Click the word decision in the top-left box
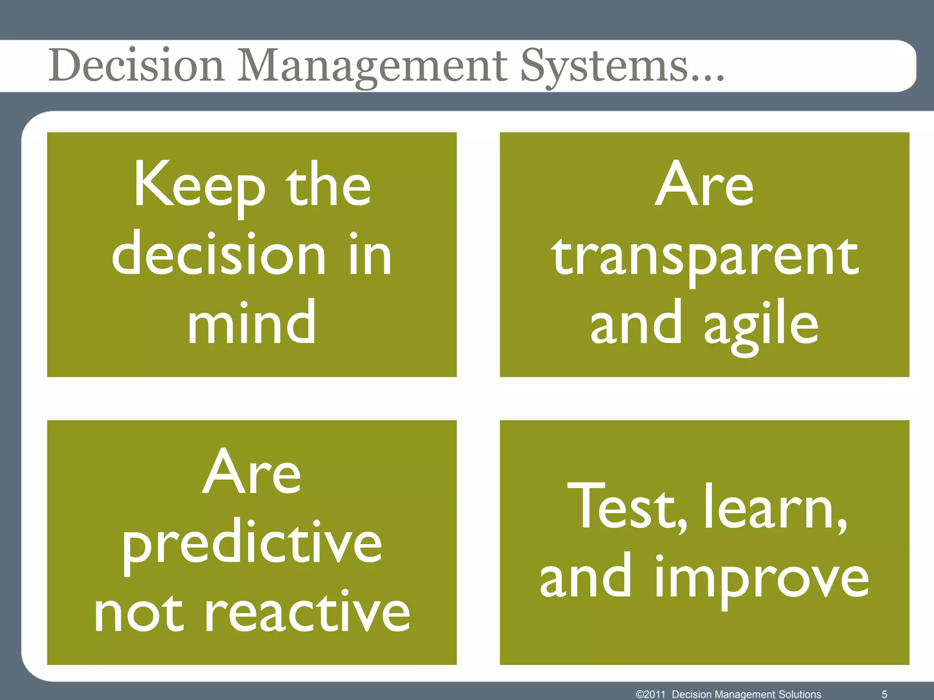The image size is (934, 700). tap(219, 254)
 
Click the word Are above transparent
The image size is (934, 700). tap(705, 185)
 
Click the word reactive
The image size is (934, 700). tap(308, 613)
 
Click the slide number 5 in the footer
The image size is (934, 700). tap(884, 694)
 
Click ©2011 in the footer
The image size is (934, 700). tap(651, 694)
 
